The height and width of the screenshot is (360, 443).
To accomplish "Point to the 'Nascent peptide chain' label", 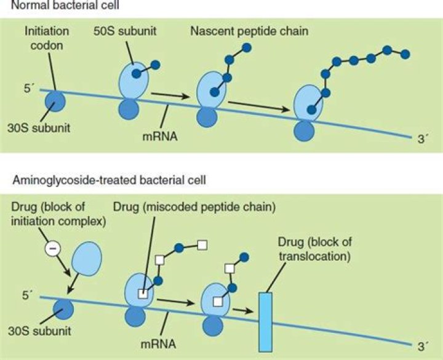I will point(249,30).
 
